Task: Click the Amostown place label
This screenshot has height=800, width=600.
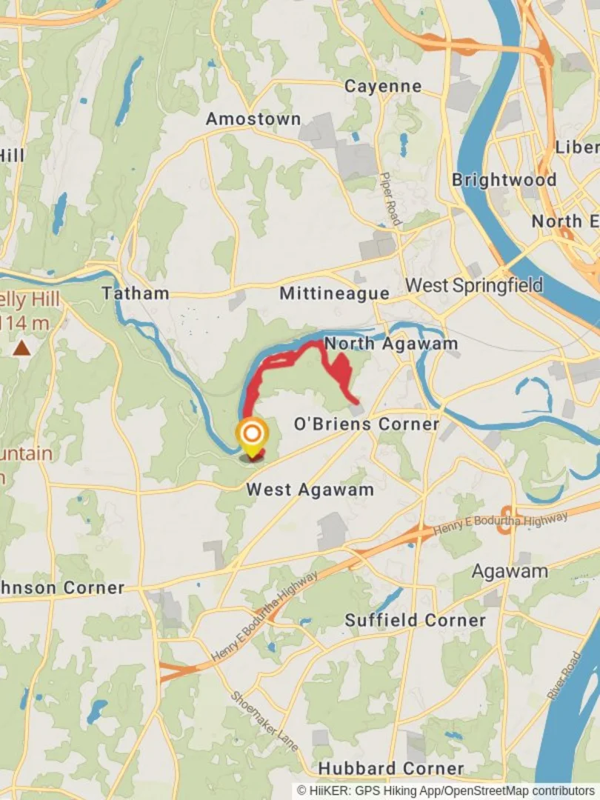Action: point(253,119)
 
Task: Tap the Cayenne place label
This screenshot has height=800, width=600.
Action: point(383,86)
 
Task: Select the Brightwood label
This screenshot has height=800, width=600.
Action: point(504,179)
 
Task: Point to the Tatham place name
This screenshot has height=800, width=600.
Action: point(136,293)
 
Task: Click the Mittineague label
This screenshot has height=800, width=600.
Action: point(334,293)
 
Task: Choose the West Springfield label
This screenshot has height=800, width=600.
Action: point(474,284)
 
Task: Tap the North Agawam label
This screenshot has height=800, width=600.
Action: point(391,343)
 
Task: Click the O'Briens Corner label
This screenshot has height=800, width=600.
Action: point(367,424)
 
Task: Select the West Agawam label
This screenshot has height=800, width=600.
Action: point(310,489)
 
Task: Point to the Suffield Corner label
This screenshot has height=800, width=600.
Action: point(425,619)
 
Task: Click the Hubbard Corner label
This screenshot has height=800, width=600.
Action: point(391,767)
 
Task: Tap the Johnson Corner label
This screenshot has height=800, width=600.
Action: point(62,587)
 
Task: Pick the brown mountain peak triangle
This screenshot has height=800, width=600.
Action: point(22,347)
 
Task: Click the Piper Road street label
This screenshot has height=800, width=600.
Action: point(390,199)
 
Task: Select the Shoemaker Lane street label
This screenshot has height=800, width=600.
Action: point(264,721)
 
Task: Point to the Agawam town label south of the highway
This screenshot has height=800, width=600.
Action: point(510,571)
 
